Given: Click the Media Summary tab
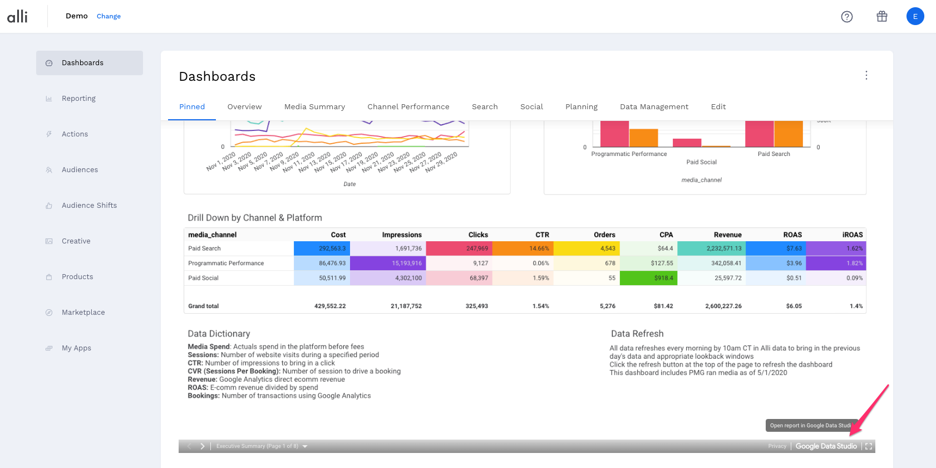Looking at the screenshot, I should (314, 107).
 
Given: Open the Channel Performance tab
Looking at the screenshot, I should (408, 107).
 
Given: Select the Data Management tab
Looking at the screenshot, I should (654, 107).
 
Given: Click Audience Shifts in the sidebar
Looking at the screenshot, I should (89, 206).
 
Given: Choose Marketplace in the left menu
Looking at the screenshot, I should (83, 313).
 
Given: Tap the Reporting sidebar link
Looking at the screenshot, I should (78, 99).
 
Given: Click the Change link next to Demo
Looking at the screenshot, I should (109, 16).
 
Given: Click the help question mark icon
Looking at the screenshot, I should (846, 17).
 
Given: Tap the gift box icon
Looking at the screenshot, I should (881, 17).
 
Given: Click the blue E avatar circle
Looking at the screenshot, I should (915, 17).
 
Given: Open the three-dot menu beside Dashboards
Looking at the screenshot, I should (866, 76).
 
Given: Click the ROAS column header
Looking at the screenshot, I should (792, 235).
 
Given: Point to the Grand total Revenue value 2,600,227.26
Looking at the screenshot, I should (723, 306).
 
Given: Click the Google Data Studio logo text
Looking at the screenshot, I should (826, 446).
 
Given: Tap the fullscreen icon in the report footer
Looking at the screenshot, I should (869, 446).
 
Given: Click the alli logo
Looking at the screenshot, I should (17, 17).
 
